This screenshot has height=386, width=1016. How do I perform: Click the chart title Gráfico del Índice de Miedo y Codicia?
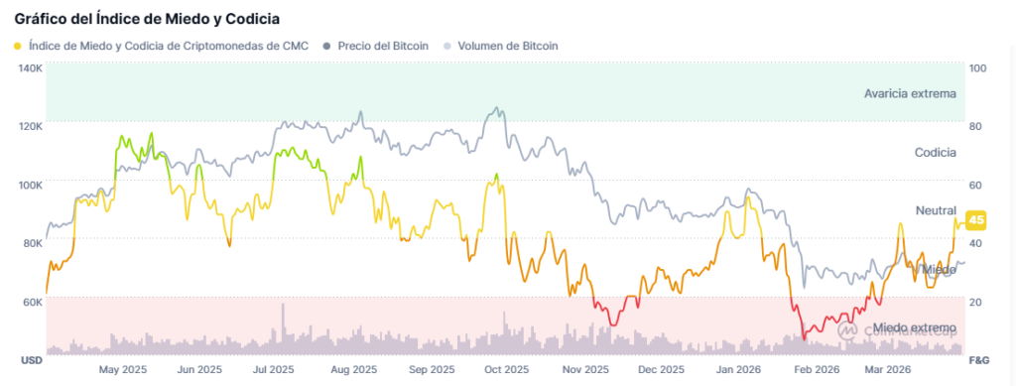click(147, 19)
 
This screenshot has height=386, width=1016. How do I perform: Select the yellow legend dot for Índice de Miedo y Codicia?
click(18, 46)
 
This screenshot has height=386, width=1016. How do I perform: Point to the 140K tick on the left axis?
click(30, 68)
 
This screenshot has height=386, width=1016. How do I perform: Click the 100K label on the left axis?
click(30, 185)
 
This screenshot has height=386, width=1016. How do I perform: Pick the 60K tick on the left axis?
click(31, 301)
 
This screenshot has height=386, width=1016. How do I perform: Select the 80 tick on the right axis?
click(976, 127)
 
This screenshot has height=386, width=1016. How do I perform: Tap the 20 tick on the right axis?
click(976, 302)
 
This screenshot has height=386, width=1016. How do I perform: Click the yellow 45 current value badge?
click(976, 220)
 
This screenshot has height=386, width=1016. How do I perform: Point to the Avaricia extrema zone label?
click(910, 93)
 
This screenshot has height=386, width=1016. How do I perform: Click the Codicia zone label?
click(935, 152)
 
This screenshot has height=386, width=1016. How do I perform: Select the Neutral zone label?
click(936, 210)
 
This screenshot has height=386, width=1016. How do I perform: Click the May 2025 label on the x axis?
click(123, 369)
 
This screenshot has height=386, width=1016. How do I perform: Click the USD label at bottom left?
click(31, 359)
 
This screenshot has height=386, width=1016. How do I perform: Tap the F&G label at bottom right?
click(978, 359)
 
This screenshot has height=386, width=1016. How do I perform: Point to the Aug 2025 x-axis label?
click(353, 369)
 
